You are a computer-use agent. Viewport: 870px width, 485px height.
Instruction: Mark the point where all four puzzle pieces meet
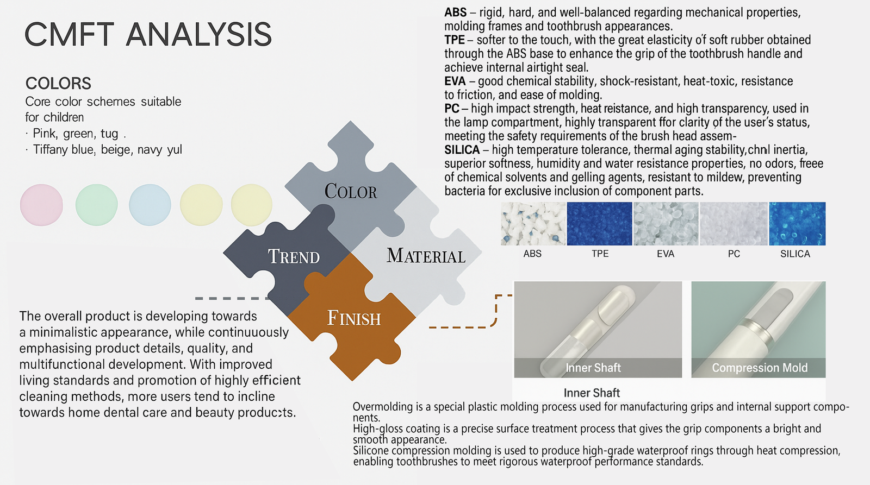(x=351, y=253)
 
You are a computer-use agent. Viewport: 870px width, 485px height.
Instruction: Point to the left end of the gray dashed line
(x=195, y=298)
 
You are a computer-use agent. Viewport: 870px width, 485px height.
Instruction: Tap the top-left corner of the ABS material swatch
(x=501, y=202)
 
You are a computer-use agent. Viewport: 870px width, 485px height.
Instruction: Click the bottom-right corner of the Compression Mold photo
(x=826, y=377)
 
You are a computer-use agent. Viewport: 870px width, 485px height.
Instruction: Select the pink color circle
(x=41, y=205)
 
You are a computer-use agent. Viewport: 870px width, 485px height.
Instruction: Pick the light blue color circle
(x=150, y=205)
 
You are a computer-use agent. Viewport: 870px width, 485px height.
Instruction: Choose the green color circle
(x=96, y=205)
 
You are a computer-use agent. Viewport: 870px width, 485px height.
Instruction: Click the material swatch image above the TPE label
(x=600, y=224)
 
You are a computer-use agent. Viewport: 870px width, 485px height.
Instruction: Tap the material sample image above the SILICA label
(x=797, y=224)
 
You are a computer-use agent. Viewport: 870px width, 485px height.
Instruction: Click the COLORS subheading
(x=58, y=84)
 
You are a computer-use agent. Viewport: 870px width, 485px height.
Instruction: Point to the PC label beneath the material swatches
(x=734, y=254)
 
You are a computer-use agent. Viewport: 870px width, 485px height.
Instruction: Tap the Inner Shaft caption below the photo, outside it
(x=592, y=393)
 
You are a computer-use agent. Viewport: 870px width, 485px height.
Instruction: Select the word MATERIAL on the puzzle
(x=426, y=256)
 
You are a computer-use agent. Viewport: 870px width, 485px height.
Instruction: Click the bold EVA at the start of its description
(x=455, y=81)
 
